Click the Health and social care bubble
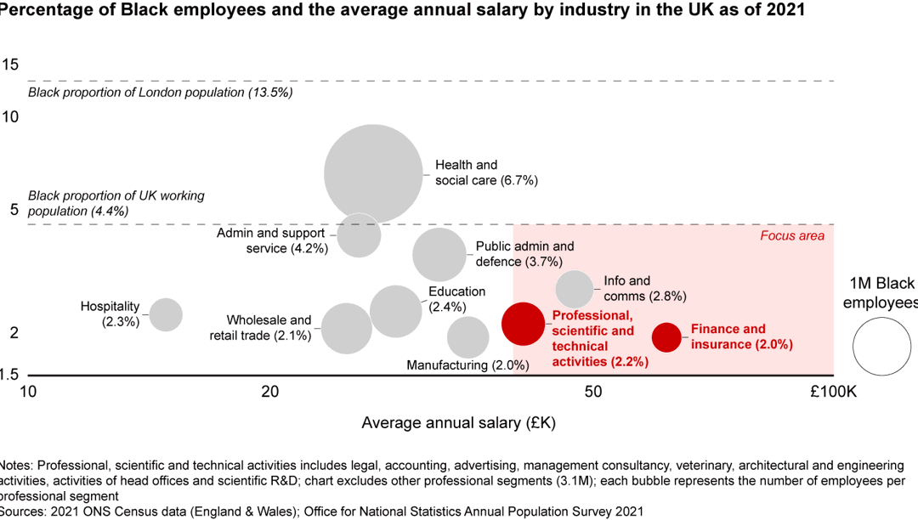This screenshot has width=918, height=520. point(373,173)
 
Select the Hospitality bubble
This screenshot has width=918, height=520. point(166,314)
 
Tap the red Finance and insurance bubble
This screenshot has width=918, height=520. point(666,337)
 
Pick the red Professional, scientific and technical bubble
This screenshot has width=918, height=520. point(524,324)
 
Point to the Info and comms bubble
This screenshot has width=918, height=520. point(575,289)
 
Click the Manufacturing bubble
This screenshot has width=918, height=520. point(467,337)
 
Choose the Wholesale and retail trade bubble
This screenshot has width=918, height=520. point(347,328)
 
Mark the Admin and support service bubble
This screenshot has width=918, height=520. point(359,235)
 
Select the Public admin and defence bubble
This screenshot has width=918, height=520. point(439,255)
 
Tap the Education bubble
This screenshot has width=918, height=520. point(396,311)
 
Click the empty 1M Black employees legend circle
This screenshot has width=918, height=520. point(881,347)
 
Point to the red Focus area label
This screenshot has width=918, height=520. point(792,235)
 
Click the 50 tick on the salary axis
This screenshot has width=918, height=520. point(593,392)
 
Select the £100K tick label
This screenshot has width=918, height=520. point(833,392)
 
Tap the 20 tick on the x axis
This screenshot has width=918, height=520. point(270,392)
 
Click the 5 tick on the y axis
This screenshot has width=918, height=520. point(14,209)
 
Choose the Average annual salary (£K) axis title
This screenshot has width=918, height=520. point(458,423)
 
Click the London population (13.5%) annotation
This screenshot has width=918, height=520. point(161,93)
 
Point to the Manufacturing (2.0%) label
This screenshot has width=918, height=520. point(467,365)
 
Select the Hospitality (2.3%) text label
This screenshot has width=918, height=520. point(110,314)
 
